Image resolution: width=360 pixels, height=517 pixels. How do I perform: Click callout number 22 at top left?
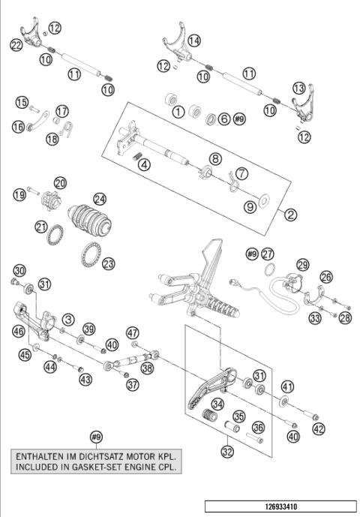16,46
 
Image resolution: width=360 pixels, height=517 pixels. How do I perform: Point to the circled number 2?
291,215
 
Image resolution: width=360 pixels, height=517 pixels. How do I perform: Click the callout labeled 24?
100,200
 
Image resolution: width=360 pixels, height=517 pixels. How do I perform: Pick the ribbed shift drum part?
89,217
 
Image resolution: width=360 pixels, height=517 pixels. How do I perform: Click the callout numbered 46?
18,329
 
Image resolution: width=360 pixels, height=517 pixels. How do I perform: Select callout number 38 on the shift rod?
147,368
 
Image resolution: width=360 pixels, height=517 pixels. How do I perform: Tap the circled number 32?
226,452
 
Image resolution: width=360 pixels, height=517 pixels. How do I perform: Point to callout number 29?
302,265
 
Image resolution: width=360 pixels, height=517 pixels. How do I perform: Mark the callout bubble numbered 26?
327,277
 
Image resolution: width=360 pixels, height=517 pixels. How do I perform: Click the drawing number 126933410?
280,506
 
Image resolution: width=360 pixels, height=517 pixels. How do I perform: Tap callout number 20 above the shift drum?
60,183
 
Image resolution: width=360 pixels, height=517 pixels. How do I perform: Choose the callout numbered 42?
319,429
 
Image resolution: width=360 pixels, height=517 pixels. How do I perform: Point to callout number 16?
17,127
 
